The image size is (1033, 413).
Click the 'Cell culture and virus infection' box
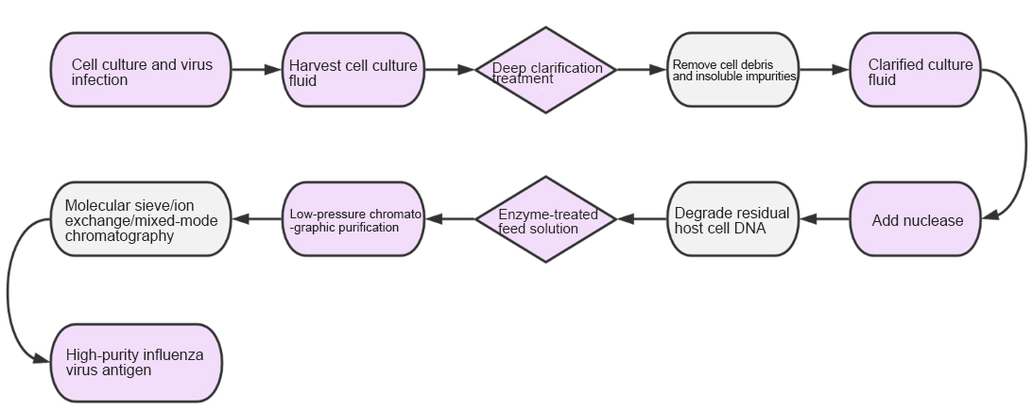click(141, 70)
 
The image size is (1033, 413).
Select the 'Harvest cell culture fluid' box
click(353, 70)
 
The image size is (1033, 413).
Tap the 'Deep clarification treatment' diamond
click(545, 70)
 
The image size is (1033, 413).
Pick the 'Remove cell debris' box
click(733, 70)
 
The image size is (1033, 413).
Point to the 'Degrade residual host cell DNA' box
click(733, 219)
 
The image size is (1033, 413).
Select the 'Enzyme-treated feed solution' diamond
click(545, 219)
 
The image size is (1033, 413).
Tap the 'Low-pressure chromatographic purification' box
click(353, 219)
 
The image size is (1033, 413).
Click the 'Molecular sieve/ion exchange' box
click(141, 219)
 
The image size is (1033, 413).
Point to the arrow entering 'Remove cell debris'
click(642, 70)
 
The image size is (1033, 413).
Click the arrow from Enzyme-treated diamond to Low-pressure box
click(450, 219)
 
